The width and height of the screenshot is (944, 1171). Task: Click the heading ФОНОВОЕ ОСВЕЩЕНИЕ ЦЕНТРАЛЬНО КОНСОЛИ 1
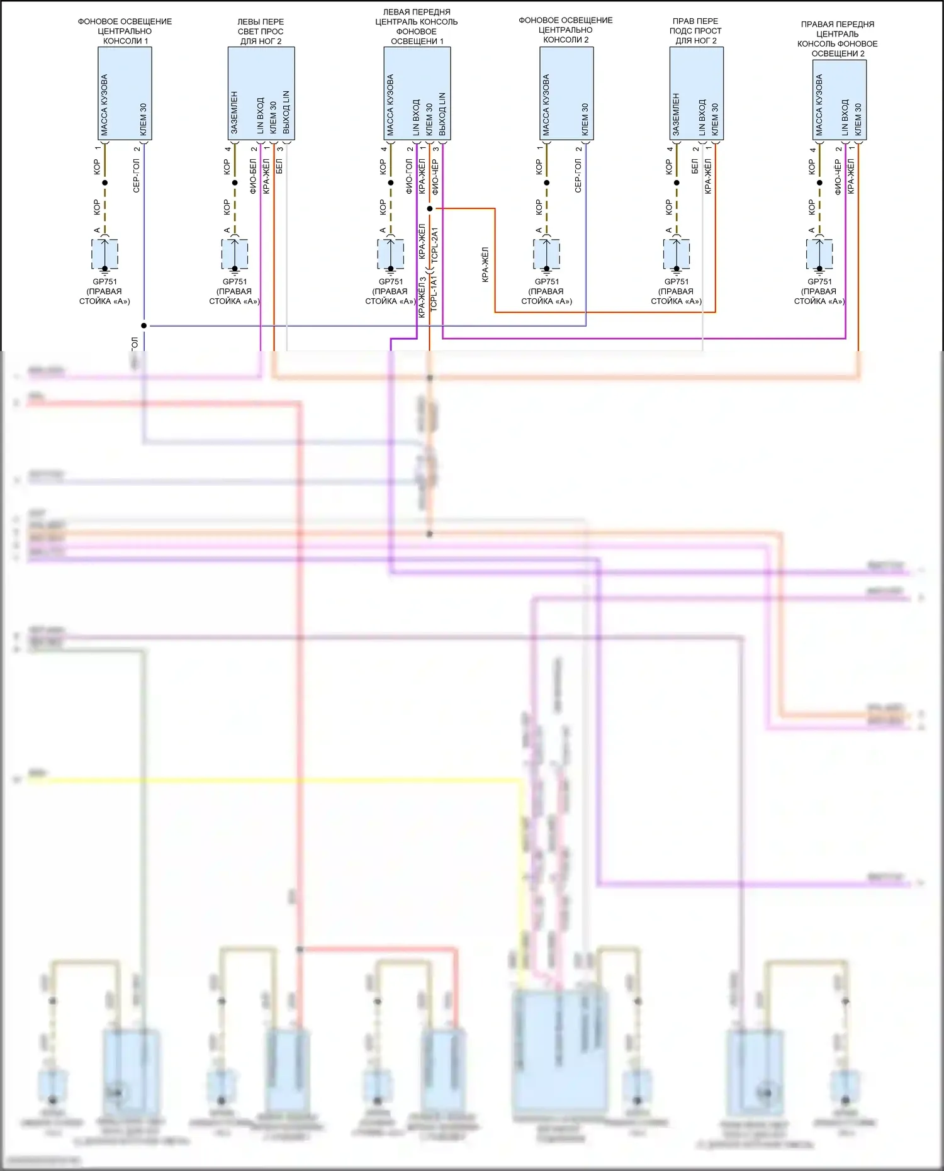point(125,31)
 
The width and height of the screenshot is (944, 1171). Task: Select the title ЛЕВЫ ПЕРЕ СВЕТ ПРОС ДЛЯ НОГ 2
point(261,31)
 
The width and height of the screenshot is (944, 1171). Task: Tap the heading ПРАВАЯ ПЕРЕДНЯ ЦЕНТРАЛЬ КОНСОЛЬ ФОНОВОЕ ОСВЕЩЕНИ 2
point(837,39)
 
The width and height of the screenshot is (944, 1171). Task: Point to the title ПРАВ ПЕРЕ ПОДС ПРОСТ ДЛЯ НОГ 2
point(695,31)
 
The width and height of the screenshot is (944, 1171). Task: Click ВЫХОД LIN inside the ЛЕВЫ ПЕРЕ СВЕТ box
point(286,112)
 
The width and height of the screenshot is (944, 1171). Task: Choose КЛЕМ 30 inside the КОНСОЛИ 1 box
point(143,119)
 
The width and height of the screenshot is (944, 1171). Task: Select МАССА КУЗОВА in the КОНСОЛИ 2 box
point(546,105)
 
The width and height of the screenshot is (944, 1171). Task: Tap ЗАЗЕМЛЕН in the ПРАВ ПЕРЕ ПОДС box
point(676,114)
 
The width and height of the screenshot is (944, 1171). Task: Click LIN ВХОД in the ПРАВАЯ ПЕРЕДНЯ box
point(845,117)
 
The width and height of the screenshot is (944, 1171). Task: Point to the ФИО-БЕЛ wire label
point(253,176)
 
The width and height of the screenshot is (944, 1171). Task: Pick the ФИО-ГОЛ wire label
point(409,176)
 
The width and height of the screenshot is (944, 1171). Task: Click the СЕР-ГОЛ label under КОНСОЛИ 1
point(137,176)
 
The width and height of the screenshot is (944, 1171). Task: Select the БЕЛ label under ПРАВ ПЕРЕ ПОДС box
point(695,167)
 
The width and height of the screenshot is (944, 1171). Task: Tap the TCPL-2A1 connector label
point(434,246)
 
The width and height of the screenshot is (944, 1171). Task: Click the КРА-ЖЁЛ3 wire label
point(422,296)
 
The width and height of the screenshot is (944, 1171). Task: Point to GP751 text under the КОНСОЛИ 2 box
point(546,282)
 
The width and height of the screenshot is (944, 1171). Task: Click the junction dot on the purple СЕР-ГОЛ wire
point(144,325)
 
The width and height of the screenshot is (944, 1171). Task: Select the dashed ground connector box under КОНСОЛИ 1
point(105,254)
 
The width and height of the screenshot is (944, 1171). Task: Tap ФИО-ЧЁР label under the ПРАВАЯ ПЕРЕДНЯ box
point(838,176)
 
